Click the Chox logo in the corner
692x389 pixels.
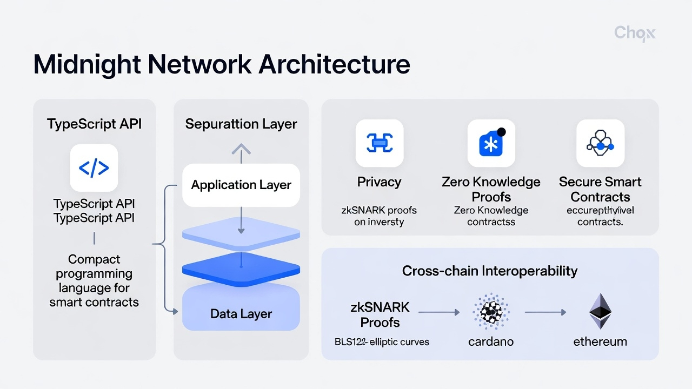(x=635, y=33)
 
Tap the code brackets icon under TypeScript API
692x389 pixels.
(x=94, y=168)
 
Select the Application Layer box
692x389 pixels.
(x=241, y=185)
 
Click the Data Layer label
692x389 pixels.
(x=241, y=314)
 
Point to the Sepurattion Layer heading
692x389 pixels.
(x=241, y=124)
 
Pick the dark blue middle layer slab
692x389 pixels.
(x=241, y=269)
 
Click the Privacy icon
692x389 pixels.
(x=379, y=143)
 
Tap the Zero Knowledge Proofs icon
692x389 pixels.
(x=491, y=143)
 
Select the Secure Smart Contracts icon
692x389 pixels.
(x=600, y=143)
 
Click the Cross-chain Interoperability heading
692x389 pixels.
(x=490, y=271)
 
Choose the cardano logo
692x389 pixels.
(x=491, y=312)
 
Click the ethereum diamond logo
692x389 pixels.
(x=600, y=311)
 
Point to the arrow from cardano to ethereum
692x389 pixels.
(x=545, y=312)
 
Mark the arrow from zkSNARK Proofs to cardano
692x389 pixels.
(x=438, y=312)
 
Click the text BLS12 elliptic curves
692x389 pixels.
(x=382, y=341)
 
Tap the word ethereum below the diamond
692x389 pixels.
(x=600, y=341)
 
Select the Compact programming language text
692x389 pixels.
(x=94, y=281)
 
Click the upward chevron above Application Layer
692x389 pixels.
(x=241, y=149)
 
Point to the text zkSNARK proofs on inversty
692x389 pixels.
(x=379, y=216)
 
